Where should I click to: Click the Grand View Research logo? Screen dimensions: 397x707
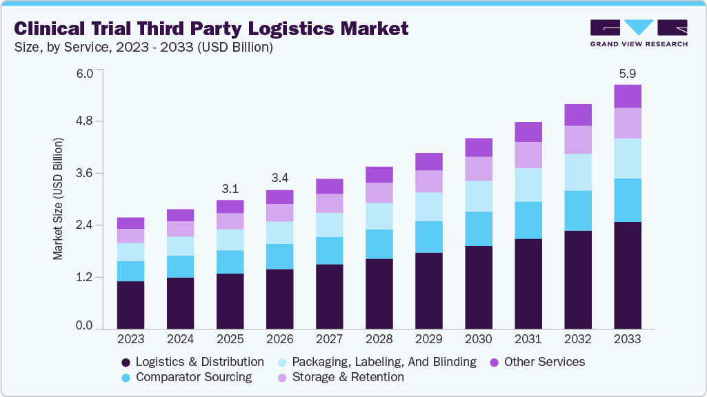tap(639, 32)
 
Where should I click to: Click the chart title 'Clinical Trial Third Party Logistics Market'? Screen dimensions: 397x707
tap(211, 28)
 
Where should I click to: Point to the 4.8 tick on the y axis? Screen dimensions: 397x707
tap(84, 121)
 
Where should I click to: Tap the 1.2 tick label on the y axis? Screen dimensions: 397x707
tap(84, 277)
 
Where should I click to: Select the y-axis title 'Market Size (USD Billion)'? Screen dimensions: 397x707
tap(58, 199)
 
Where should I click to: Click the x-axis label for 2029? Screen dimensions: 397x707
tap(428, 339)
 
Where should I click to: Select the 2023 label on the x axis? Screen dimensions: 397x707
tap(130, 339)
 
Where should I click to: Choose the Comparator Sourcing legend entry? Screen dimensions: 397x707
tap(186, 377)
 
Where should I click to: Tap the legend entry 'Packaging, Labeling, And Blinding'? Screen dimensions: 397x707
tap(376, 362)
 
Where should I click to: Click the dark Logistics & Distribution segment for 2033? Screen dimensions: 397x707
tap(628, 275)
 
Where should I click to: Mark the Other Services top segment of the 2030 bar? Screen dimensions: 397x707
tap(479, 147)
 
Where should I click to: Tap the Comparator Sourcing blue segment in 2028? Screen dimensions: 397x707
tap(379, 244)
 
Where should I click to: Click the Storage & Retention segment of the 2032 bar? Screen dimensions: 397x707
tap(578, 139)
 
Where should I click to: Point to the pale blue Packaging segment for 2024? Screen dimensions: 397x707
tap(180, 246)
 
